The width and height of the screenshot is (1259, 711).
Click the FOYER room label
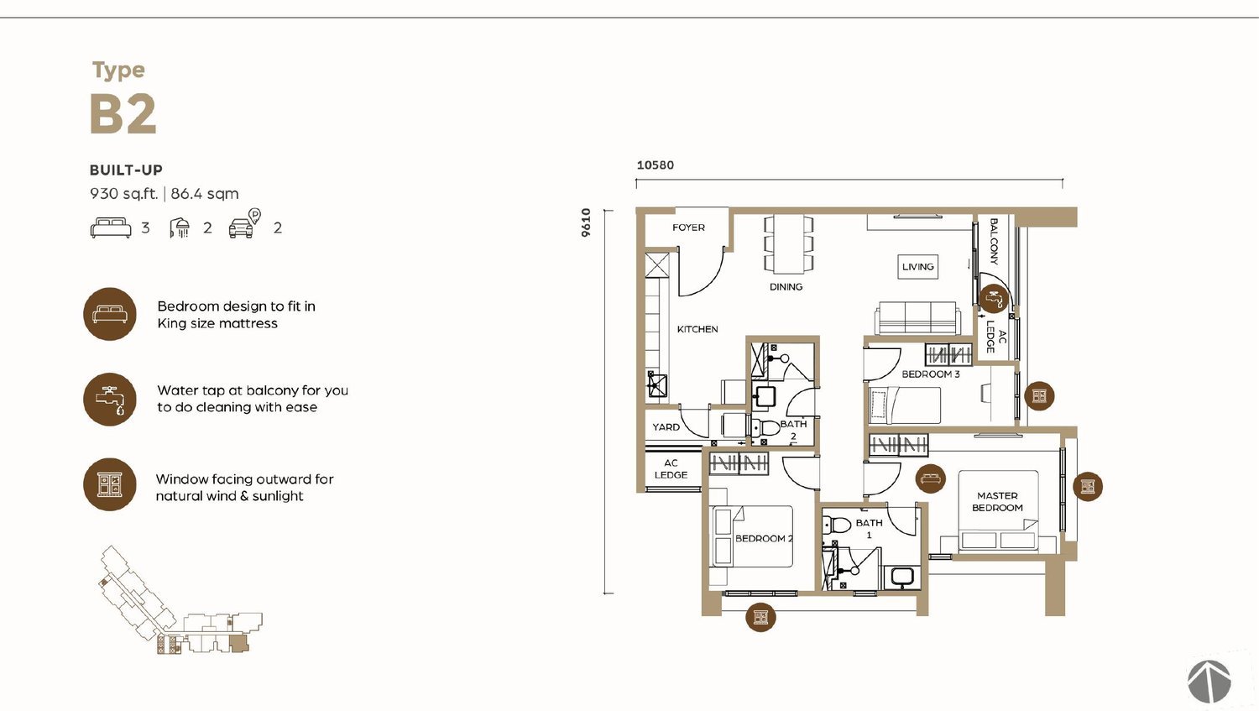click(x=688, y=227)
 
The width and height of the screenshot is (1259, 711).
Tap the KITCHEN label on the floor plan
click(x=697, y=329)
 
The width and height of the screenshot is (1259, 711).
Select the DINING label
click(x=786, y=286)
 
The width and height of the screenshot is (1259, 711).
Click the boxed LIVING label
click(x=918, y=267)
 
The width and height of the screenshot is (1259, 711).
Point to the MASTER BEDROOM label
click(x=997, y=502)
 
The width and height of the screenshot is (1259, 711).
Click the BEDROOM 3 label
click(x=931, y=374)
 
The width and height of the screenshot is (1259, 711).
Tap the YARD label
click(x=666, y=427)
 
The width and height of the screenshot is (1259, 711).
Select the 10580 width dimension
click(x=656, y=165)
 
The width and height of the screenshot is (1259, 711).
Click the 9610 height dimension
click(x=586, y=222)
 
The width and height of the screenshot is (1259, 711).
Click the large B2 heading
click(x=123, y=114)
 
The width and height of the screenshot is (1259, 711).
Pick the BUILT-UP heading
click(x=126, y=170)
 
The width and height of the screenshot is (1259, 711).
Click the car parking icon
click(x=244, y=224)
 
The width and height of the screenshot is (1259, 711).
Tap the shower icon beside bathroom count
click(x=180, y=227)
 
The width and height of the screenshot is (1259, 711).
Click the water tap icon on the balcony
click(x=994, y=299)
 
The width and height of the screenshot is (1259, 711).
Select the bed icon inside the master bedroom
click(x=930, y=478)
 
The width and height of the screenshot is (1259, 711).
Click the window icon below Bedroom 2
click(x=760, y=617)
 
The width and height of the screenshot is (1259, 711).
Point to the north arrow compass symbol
click(x=1209, y=682)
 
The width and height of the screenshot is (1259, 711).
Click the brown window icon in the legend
click(x=110, y=484)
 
